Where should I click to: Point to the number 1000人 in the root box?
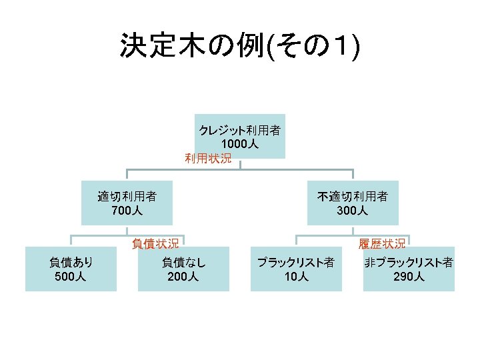pyautogui.click(x=240, y=144)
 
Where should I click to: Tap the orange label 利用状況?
pyautogui.click(x=208, y=159)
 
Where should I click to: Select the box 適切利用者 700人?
pyautogui.click(x=127, y=203)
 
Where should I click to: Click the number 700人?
pyautogui.click(x=127, y=211)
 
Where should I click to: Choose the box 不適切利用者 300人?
pyautogui.click(x=353, y=203)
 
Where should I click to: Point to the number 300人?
pyautogui.click(x=353, y=211)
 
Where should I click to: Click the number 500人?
pyautogui.click(x=71, y=276)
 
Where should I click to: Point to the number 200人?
pyautogui.click(x=183, y=276)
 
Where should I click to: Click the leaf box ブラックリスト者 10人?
pyautogui.click(x=296, y=269)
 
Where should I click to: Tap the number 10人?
pyautogui.click(x=296, y=276)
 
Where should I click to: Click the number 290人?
pyautogui.click(x=409, y=276)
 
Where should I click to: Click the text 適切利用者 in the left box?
pyautogui.click(x=127, y=197)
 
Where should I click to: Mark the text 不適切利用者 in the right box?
pyautogui.click(x=353, y=197)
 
